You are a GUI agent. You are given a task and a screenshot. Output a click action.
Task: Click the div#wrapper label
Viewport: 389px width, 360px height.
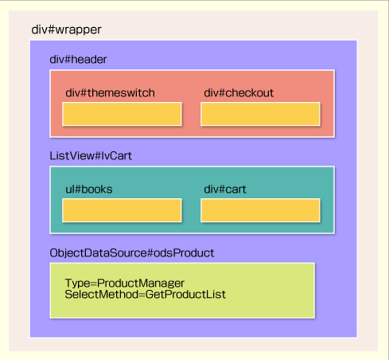66,29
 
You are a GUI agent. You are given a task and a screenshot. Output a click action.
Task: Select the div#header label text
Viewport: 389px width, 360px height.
78,60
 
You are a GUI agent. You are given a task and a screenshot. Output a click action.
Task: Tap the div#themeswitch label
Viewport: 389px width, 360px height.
110,93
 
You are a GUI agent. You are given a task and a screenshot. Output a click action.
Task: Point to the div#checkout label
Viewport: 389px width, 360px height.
239,93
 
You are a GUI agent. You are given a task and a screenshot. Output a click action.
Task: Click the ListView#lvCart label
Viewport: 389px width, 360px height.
91,156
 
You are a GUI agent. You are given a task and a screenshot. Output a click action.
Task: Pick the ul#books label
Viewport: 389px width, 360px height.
89,190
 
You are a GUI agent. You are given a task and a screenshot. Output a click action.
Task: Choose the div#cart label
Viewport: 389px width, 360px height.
225,190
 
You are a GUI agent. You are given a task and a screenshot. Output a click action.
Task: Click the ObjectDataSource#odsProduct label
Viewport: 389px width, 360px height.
132,253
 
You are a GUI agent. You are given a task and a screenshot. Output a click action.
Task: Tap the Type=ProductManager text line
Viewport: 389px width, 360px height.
125,284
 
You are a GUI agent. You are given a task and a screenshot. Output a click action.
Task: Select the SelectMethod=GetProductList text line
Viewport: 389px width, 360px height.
146,295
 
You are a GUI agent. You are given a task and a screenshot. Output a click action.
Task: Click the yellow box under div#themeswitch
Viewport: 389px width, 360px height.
122,114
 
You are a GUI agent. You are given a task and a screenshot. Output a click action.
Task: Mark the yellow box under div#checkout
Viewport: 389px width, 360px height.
260,114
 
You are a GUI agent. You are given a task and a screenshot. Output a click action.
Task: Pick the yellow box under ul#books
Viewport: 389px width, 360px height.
122,210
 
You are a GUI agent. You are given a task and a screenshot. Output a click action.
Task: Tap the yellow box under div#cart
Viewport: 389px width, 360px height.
260,210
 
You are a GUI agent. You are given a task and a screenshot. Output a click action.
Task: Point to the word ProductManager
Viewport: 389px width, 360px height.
141,284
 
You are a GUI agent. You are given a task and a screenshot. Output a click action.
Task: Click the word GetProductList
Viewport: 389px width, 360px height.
185,295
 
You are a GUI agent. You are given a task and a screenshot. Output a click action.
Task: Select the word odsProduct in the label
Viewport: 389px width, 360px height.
184,253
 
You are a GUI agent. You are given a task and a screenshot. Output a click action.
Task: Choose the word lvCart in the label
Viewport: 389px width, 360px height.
117,156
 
